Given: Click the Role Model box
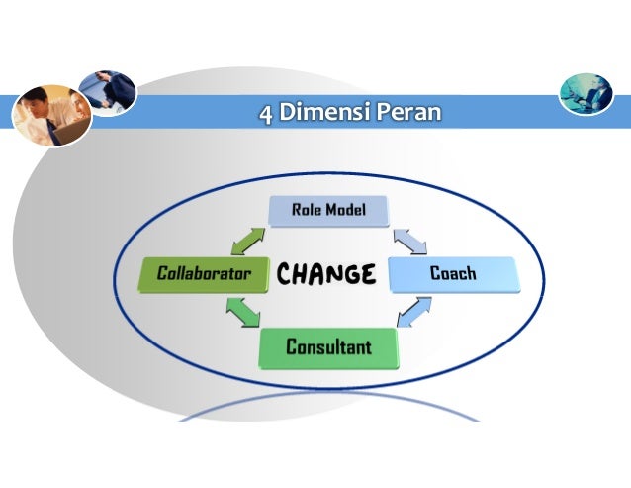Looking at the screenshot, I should [328, 211].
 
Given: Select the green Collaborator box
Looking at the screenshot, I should [204, 273].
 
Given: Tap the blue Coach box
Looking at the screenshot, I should [453, 273].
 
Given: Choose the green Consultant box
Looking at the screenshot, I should [328, 347].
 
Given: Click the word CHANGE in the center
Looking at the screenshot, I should [325, 273].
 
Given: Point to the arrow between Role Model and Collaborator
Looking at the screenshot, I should [248, 242].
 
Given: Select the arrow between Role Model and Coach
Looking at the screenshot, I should [409, 241].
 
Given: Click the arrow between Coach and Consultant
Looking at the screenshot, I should [413, 310].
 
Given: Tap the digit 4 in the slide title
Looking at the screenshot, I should [264, 113].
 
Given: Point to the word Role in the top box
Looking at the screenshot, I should [306, 210].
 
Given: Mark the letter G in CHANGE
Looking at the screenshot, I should [346, 273].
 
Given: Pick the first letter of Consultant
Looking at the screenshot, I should [292, 347].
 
